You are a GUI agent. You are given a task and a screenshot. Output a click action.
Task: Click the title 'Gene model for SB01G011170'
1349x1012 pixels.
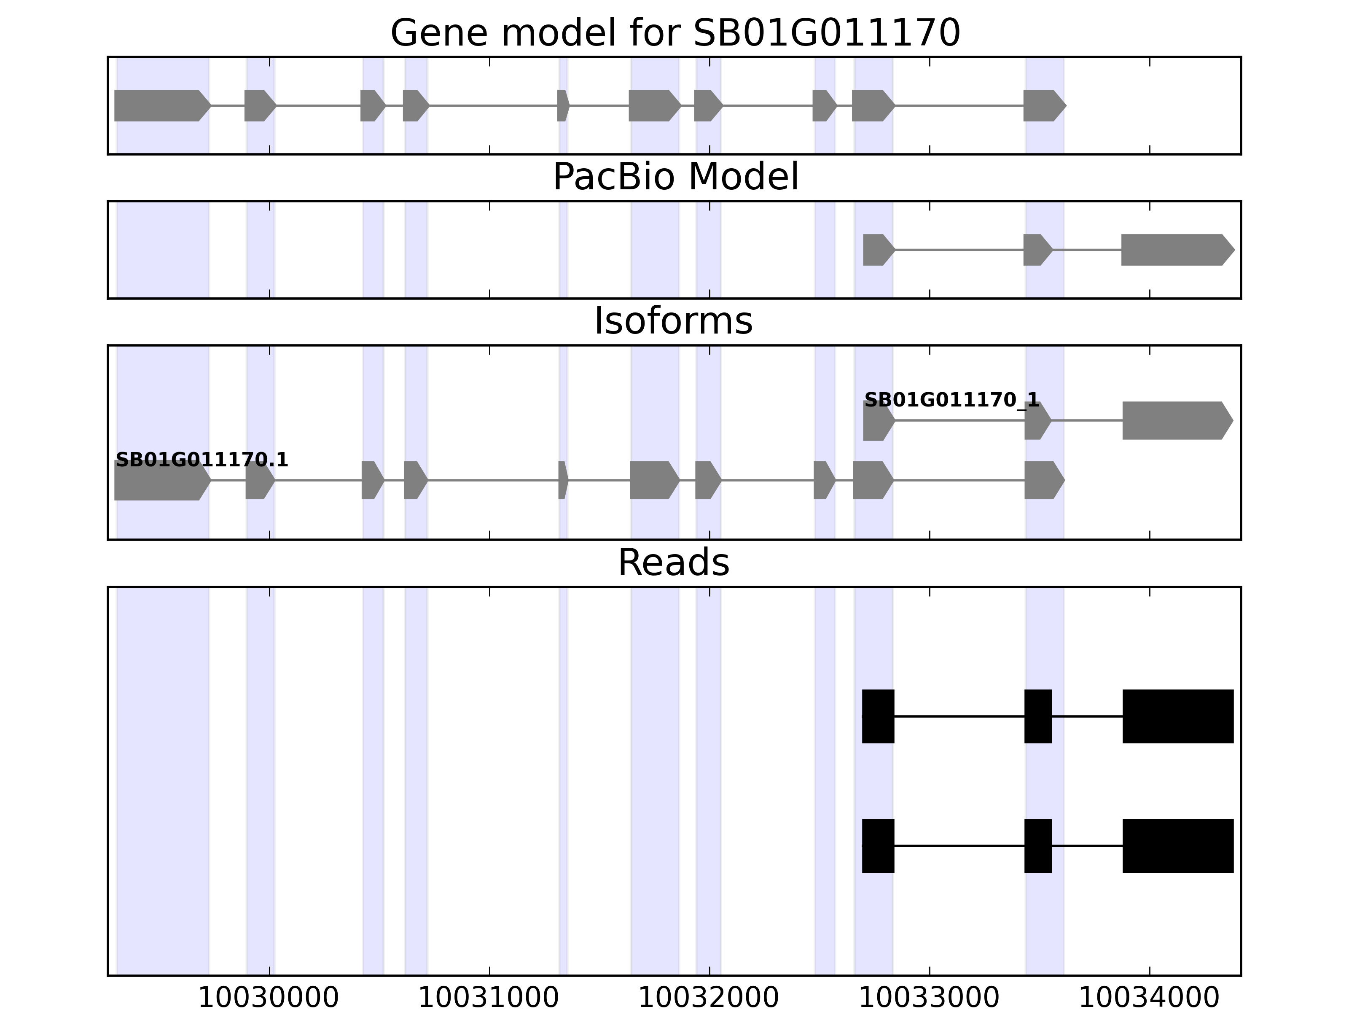(x=675, y=33)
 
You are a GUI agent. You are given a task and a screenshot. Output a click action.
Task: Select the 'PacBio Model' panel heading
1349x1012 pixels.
(x=675, y=177)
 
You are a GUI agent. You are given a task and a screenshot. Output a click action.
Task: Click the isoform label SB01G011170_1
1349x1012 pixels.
(x=951, y=400)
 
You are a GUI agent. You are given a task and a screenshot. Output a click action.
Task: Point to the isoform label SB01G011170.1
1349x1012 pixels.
(x=201, y=460)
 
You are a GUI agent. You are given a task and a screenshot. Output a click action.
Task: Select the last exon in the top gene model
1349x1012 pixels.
(x=1043, y=105)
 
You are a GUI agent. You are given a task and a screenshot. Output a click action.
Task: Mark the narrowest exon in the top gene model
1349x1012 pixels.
(x=563, y=105)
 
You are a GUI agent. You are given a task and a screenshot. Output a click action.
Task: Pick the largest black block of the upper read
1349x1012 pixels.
(x=1177, y=716)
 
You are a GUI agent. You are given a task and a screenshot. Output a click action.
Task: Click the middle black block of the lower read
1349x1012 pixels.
(x=1038, y=845)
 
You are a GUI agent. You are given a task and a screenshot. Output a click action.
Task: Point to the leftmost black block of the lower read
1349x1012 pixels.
(x=878, y=845)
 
